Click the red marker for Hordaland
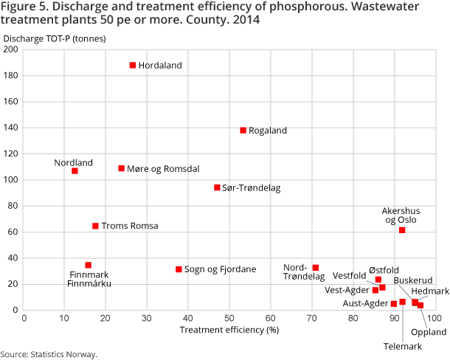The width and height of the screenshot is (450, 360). (x=133, y=65)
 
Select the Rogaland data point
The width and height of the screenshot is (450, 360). (x=243, y=131)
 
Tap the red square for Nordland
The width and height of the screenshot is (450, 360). (x=75, y=171)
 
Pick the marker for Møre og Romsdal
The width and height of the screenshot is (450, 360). (x=122, y=168)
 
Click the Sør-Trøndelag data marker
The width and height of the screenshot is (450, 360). (x=217, y=187)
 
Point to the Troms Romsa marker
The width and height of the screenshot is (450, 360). (x=95, y=226)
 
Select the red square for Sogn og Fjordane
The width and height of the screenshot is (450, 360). (x=179, y=269)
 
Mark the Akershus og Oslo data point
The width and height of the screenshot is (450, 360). (x=402, y=230)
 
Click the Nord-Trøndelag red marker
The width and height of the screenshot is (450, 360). (x=316, y=268)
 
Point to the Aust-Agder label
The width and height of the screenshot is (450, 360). (x=365, y=303)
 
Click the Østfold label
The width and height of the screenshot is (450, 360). (x=384, y=270)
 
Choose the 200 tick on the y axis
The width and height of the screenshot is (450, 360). (x=11, y=49)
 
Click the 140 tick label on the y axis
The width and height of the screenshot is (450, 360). (x=11, y=128)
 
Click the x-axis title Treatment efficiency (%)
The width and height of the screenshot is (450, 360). (x=229, y=330)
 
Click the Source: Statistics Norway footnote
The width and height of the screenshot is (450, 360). (x=49, y=354)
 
